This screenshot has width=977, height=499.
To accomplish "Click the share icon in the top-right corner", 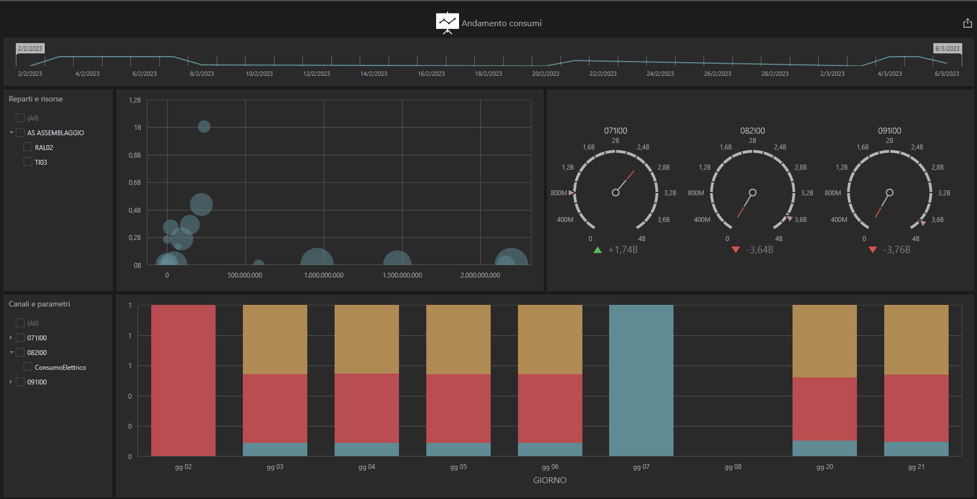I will coord(967,23).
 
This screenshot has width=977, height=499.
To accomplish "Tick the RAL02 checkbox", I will coord(28,147).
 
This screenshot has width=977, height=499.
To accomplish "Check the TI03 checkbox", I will coord(28,162).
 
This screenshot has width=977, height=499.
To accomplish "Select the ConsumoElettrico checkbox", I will coord(28,367).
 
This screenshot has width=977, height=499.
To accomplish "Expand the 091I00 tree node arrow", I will coord(11,382).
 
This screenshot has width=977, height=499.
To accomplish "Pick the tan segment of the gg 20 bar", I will coord(824,341).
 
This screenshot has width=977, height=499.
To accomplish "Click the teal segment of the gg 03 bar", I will coord(275,449).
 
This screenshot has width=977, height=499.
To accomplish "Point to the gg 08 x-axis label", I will coord(732,467).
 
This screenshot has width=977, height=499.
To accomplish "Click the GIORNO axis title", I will coord(550,480).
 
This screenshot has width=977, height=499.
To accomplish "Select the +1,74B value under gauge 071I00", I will coord(623,250).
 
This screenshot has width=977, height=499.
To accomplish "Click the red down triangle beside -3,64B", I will coord(736,250).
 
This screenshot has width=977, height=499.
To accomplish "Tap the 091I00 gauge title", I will coord(889,131).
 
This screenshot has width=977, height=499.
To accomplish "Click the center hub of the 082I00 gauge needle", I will coord(753,193).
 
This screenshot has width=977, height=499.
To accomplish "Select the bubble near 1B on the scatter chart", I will coord(204,127).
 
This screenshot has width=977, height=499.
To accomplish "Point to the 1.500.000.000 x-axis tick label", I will coord(402,275).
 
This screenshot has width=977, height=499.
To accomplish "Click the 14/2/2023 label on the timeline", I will coord(374,74).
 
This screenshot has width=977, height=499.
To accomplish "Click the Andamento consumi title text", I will coord(502,23).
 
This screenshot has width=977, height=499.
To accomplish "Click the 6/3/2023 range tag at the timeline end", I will coord(948,49).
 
